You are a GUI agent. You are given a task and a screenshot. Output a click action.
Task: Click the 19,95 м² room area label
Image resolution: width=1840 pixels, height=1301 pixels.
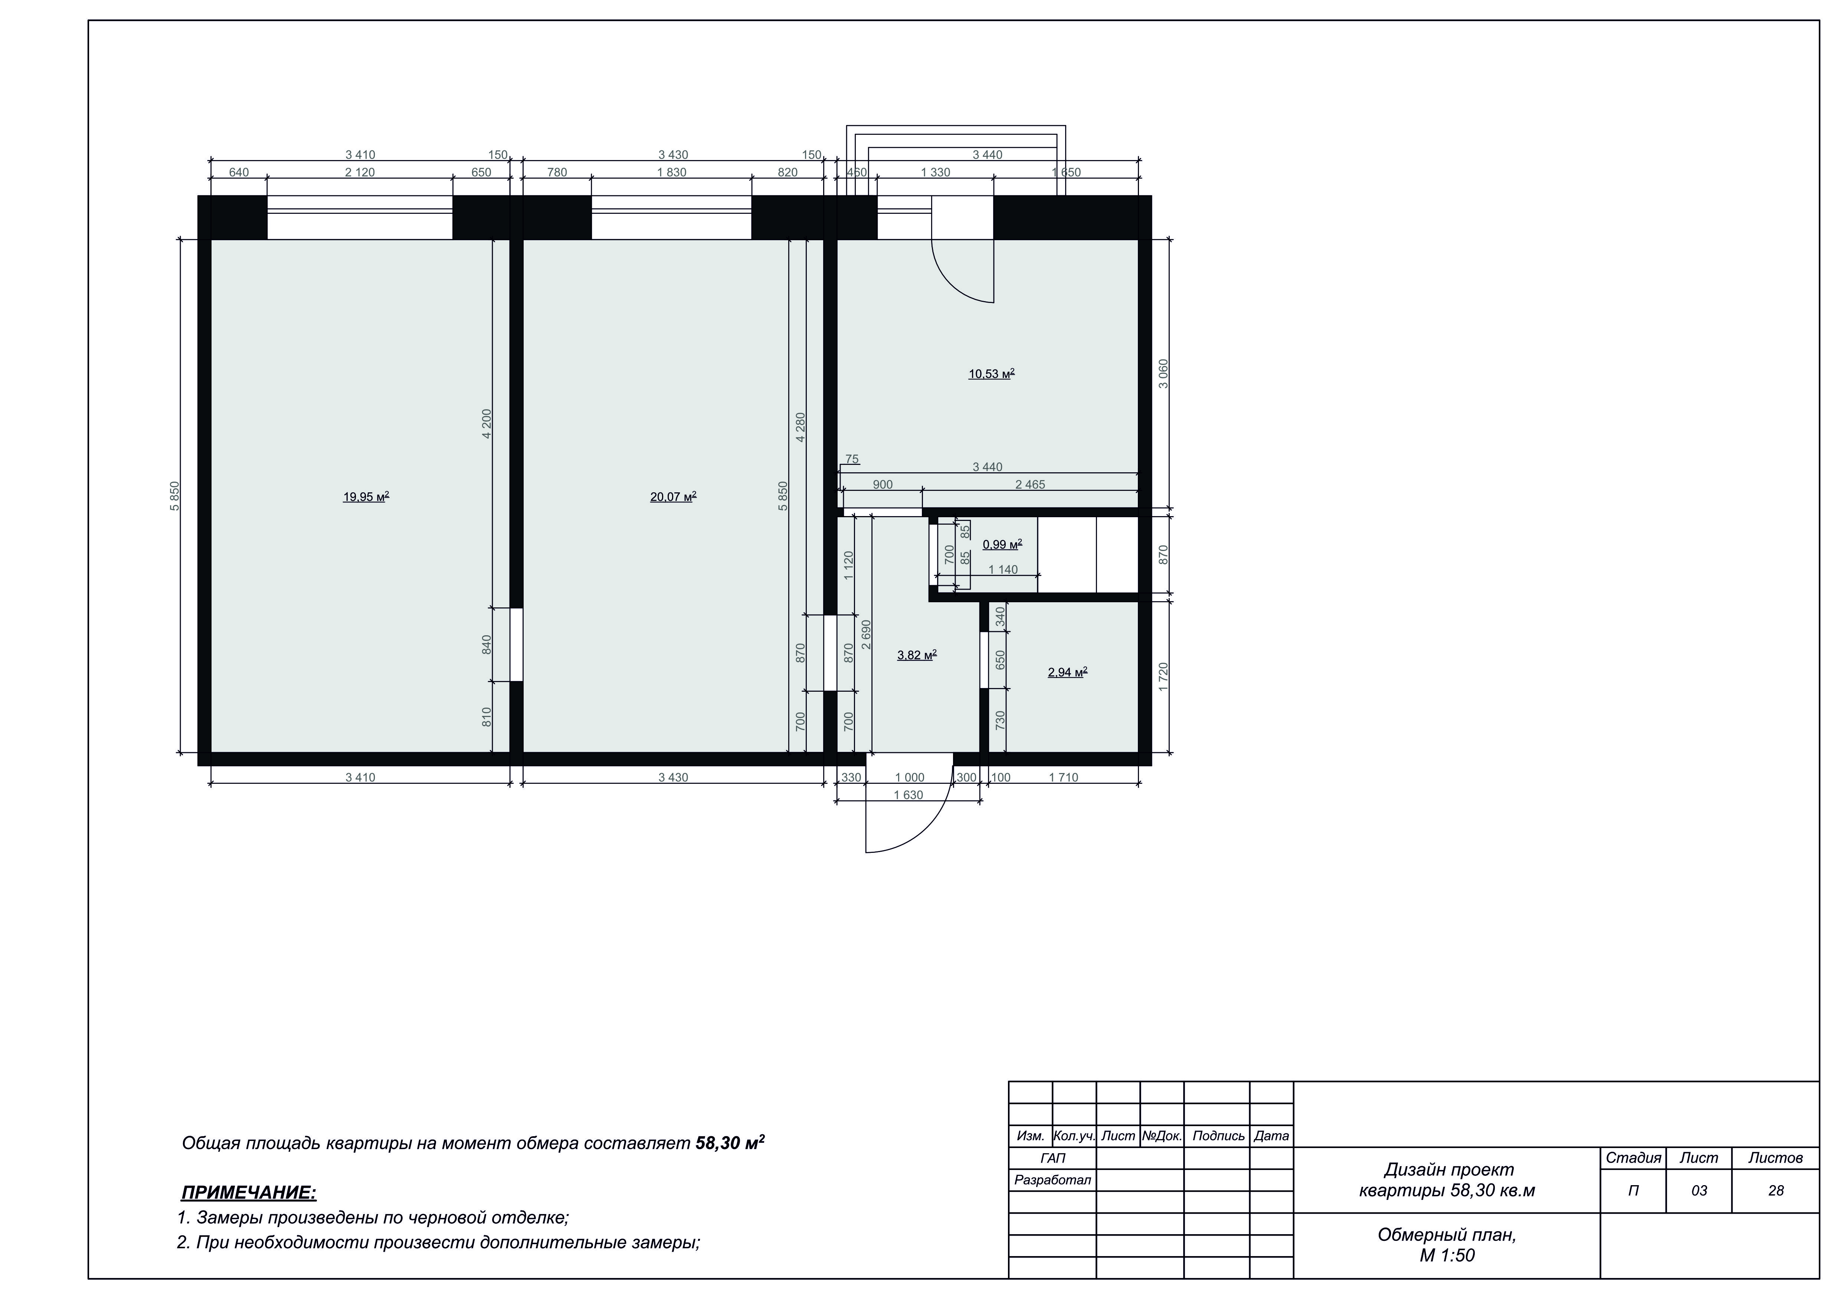point(366,497)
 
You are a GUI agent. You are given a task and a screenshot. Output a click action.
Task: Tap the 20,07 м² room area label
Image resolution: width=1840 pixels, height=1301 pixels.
point(673,497)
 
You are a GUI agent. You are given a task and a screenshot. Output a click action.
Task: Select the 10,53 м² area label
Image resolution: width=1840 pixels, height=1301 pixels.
point(991,374)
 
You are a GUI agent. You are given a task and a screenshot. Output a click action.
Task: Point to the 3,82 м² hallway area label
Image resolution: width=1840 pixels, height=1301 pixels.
point(917,655)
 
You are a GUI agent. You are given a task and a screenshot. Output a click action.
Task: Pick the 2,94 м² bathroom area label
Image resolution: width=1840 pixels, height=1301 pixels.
point(1067,672)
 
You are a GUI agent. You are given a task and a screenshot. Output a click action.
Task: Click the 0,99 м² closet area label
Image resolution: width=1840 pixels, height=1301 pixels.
point(1002,544)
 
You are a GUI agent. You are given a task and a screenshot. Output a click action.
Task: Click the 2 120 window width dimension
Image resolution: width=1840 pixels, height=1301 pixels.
point(360,172)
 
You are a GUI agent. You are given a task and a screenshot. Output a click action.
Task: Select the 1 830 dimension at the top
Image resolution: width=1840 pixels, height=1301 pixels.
point(672,172)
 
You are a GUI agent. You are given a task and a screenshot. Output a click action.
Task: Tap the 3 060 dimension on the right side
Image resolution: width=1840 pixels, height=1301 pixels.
point(1163,374)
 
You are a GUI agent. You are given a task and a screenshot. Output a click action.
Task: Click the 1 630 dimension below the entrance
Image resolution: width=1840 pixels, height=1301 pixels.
point(908,795)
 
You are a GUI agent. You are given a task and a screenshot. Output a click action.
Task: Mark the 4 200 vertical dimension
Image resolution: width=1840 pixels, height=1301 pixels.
point(487,424)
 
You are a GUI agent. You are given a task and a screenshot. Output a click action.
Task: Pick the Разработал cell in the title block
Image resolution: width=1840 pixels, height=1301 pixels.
point(1052,1180)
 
